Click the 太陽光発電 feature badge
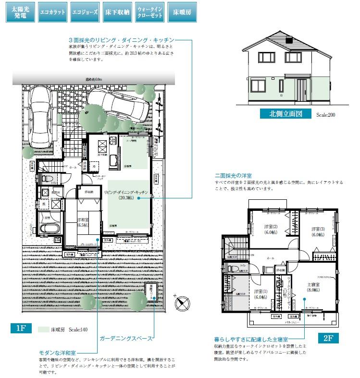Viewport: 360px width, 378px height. click(20, 12)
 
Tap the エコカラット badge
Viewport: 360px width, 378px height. click(52, 12)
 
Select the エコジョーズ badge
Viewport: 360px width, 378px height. click(84, 12)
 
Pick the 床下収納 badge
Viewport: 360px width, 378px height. click(116, 12)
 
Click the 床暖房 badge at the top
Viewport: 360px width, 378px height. click(181, 12)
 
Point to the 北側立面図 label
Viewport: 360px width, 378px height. click(286, 114)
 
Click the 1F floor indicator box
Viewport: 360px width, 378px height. click(21, 329)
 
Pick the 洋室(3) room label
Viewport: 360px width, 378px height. click(318, 232)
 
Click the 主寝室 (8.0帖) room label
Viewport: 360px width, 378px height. click(314, 287)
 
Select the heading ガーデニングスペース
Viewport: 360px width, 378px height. click(125, 339)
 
